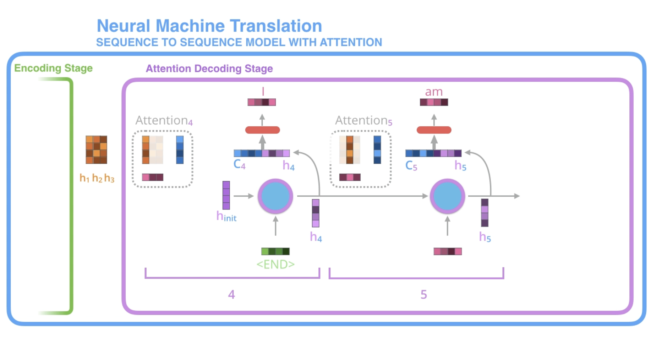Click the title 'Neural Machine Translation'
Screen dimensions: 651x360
[209, 26]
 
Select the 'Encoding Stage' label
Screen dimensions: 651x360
[53, 68]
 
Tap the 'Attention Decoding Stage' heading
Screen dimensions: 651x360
[209, 69]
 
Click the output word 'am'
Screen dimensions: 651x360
[434, 92]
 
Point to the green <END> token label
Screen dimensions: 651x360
[275, 264]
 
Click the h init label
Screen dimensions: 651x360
[226, 216]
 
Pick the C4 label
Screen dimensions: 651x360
[240, 164]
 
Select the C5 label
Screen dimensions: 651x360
[411, 165]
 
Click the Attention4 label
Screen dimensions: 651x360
[164, 121]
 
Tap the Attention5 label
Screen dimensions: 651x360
[364, 121]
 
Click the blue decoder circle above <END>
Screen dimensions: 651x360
[275, 196]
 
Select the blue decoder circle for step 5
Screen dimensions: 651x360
[447, 196]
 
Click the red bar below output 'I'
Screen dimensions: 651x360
[263, 130]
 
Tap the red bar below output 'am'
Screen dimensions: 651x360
[434, 130]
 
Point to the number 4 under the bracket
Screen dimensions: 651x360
[231, 294]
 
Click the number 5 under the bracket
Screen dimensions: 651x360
[423, 294]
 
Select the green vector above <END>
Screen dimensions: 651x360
[275, 251]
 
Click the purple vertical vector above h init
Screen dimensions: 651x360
[226, 195]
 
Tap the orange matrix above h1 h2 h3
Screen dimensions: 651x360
[96, 149]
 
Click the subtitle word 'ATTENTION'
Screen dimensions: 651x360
[351, 42]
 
